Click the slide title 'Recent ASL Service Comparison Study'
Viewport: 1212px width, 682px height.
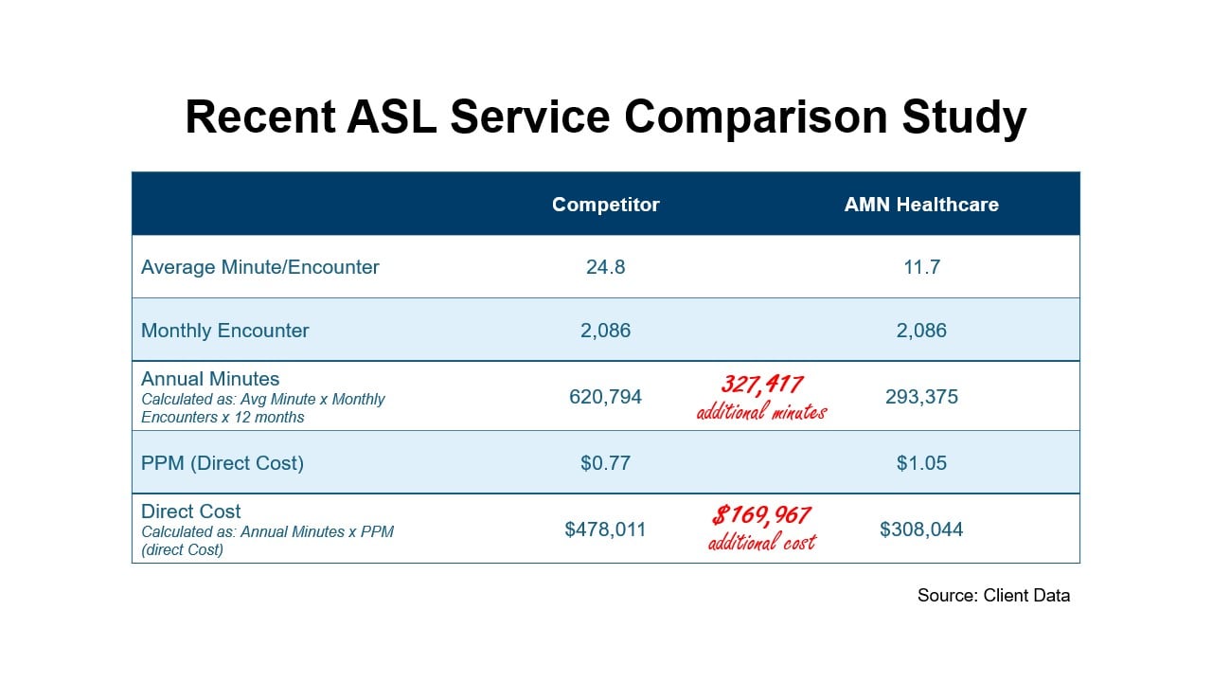[x=605, y=117]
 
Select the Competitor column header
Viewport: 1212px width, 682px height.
[x=605, y=205]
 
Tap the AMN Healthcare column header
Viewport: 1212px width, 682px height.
[x=921, y=205]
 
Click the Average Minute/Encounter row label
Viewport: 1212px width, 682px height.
[x=259, y=267]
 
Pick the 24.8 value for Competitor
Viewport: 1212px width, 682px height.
[x=605, y=267]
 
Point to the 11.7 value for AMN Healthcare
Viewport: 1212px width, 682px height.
[x=921, y=267]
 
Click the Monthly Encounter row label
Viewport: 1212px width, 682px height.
[x=224, y=331]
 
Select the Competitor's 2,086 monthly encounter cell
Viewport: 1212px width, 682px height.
[x=605, y=331]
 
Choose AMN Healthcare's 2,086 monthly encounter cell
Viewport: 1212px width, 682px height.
[x=921, y=331]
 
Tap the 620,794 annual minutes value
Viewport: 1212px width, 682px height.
[x=605, y=397]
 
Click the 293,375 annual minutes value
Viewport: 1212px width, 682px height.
[x=921, y=397]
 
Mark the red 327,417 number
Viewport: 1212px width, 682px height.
[x=762, y=385]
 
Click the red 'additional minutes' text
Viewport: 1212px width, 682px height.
[x=761, y=412]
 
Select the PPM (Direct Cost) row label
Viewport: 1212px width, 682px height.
[x=223, y=463]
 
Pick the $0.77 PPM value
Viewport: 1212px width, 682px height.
[x=605, y=463]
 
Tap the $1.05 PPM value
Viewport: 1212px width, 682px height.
[x=921, y=463]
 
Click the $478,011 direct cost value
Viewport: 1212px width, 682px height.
[x=605, y=529]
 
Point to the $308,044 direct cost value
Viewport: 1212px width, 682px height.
[x=921, y=529]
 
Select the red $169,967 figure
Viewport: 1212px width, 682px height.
[x=761, y=515]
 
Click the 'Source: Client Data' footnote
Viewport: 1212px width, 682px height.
[x=993, y=596]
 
